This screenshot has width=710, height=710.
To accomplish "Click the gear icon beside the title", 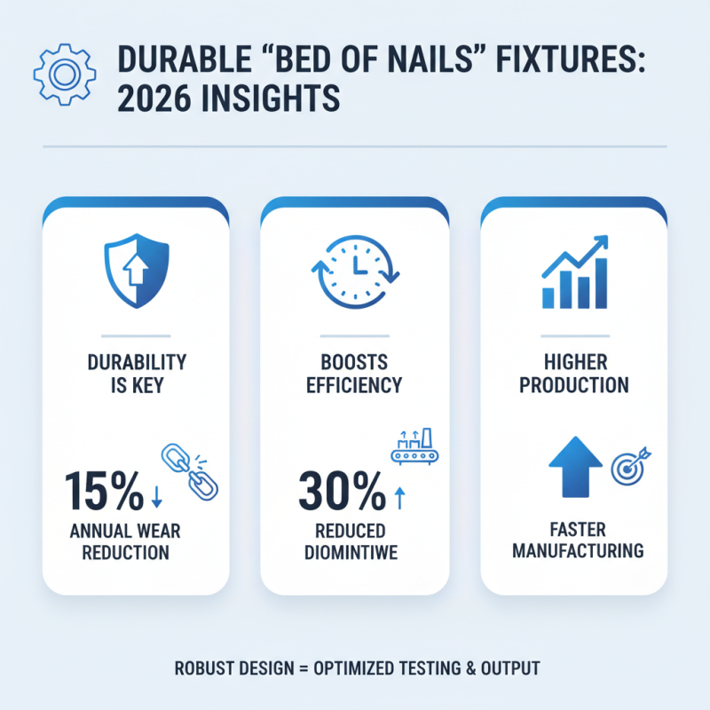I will (x=62, y=75).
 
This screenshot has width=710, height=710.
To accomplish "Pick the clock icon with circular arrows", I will (x=355, y=270).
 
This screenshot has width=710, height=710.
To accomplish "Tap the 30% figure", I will (x=341, y=492).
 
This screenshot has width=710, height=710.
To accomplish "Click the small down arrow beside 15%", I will (x=157, y=499).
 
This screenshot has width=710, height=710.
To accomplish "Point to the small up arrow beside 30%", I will (x=398, y=499).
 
